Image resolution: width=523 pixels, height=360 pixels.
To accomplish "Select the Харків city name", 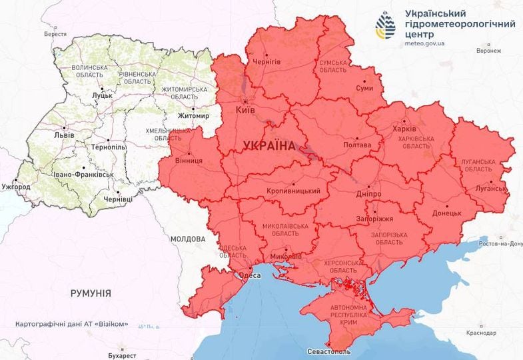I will tap(405, 128).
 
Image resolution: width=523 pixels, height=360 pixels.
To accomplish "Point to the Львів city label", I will tap(65, 134).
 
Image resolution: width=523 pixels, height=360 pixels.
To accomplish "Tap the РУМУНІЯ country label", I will tap(91, 293).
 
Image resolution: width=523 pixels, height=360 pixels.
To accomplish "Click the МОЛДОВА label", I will tap(188, 239).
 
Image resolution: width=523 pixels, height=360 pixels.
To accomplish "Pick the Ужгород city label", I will tap(16, 187).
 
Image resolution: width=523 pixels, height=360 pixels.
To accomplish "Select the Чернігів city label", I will tap(266, 61).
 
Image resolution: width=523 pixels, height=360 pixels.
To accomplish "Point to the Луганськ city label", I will tap(491, 189).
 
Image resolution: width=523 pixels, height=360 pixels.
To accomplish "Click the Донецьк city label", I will tap(446, 213).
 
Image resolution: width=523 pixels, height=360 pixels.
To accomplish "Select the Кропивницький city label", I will tap(294, 191).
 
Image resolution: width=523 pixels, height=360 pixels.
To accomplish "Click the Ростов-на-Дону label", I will tap(498, 245).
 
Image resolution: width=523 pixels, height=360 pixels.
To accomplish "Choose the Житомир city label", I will tap(193, 116).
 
